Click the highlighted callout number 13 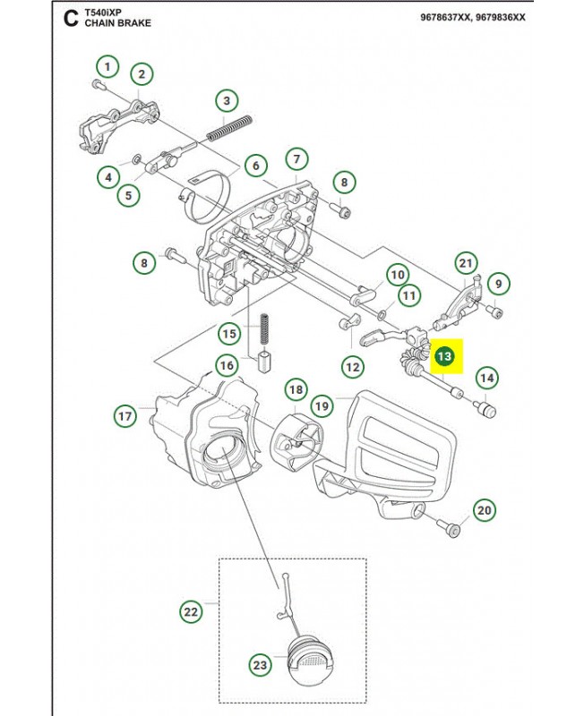444,356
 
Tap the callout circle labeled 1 107,67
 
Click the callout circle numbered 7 297,159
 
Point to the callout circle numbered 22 191,611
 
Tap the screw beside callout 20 448,528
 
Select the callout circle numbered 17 125,416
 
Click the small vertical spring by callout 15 264,328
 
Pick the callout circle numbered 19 322,406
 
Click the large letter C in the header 71,19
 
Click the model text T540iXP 103,13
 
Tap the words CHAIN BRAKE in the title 118,23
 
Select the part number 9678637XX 445,17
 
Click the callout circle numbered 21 466,263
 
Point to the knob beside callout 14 485,409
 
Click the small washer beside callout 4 137,159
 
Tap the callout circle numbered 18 296,389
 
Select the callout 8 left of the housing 144,263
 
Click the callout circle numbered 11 409,296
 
